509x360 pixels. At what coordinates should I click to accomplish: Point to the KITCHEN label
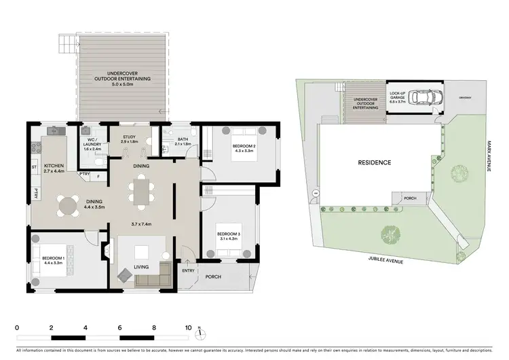[x=54, y=165]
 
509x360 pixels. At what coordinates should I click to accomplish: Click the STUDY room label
[x=129, y=137]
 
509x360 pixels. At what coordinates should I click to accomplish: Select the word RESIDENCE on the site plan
[x=374, y=163]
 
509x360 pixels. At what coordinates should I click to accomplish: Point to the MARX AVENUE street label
[x=488, y=157]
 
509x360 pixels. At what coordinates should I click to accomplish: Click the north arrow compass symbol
[x=200, y=334]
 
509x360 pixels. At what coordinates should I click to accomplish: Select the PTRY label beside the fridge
[x=85, y=174]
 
